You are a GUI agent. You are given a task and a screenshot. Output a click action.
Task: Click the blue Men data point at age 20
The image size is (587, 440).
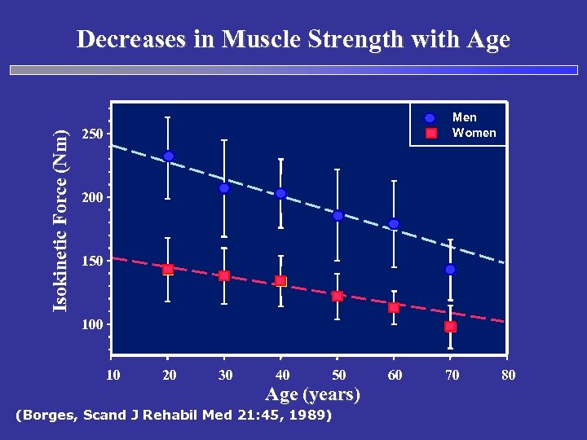(x=168, y=156)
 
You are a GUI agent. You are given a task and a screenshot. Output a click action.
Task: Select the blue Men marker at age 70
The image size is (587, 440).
(x=450, y=270)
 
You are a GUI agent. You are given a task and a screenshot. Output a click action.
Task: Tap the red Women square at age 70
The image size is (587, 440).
(x=450, y=327)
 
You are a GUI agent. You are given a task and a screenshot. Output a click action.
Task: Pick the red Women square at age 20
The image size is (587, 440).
(x=168, y=270)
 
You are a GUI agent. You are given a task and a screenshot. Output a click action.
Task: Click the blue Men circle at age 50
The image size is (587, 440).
(x=338, y=216)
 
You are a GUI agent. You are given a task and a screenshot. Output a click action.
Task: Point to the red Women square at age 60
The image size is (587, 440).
(x=394, y=308)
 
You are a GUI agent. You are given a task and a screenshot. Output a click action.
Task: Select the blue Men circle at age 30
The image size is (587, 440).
(x=224, y=188)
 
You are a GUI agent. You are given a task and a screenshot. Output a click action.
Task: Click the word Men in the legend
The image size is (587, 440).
(x=465, y=117)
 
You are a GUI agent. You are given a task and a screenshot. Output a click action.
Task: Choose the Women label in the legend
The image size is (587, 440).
(x=474, y=133)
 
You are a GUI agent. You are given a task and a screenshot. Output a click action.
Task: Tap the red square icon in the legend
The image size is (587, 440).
(x=431, y=133)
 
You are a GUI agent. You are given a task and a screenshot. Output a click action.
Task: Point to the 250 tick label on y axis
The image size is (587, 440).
(x=94, y=134)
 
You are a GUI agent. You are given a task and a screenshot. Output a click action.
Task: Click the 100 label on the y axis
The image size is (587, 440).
(x=94, y=325)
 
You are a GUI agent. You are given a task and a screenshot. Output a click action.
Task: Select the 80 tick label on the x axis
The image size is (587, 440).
(x=507, y=375)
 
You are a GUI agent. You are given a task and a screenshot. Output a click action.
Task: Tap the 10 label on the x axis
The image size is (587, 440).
(x=113, y=375)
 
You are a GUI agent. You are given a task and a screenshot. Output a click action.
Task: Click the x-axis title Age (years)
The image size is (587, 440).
(x=313, y=395)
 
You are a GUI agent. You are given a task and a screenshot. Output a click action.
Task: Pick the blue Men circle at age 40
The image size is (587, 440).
(x=280, y=194)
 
